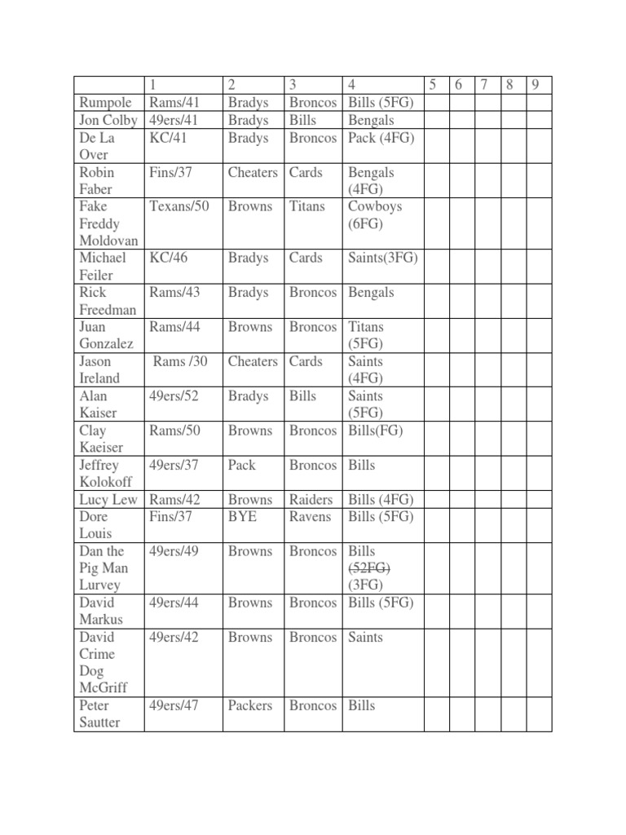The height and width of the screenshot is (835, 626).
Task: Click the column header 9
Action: (x=535, y=85)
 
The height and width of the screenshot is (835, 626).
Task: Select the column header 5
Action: (x=433, y=85)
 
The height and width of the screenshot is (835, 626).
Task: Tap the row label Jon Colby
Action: (x=108, y=120)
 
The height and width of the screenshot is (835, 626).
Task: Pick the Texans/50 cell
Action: (x=179, y=206)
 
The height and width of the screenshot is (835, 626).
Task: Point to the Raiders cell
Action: (x=311, y=499)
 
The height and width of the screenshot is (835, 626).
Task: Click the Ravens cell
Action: (x=310, y=516)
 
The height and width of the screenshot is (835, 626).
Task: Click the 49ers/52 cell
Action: (x=174, y=396)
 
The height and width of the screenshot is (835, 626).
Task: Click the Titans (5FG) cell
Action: (x=366, y=335)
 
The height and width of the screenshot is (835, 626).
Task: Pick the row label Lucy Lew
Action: (x=108, y=499)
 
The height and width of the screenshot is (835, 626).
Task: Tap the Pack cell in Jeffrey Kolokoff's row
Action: (x=242, y=465)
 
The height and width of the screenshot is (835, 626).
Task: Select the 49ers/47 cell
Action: (x=174, y=705)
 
